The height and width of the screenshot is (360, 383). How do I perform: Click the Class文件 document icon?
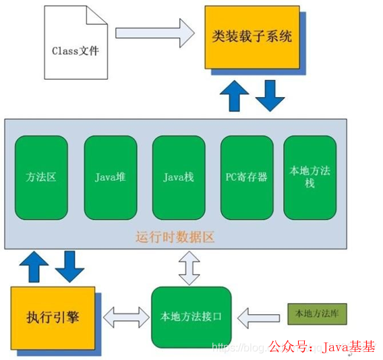(x=75, y=50)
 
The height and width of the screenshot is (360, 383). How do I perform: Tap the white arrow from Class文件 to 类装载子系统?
(x=154, y=32)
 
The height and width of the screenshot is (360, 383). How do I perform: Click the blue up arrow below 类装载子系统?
(x=235, y=96)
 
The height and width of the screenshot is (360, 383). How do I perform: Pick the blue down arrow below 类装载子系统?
(x=270, y=96)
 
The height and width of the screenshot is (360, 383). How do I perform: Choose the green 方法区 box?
(x=41, y=177)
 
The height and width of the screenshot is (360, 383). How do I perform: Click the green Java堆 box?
(x=110, y=177)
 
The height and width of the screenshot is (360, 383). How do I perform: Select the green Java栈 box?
(x=179, y=177)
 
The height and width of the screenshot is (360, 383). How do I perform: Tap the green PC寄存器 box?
(x=247, y=177)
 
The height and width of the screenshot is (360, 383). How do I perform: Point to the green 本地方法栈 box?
(x=310, y=177)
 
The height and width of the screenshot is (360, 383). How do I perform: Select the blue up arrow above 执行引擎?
(x=33, y=266)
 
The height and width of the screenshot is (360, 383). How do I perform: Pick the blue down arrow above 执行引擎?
(x=69, y=266)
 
